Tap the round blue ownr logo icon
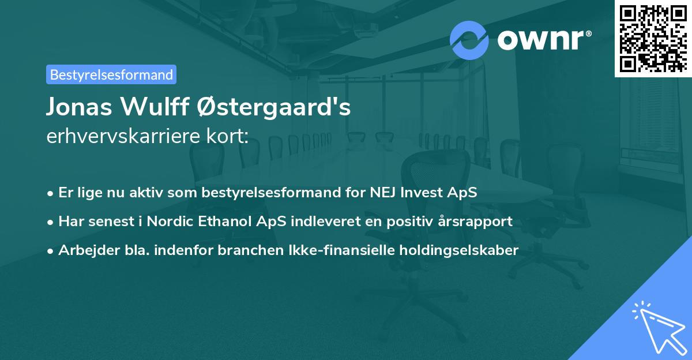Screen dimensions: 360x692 click(x=469, y=40)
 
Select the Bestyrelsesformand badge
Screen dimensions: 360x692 click(x=111, y=74)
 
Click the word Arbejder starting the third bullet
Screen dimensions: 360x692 click(x=82, y=250)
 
